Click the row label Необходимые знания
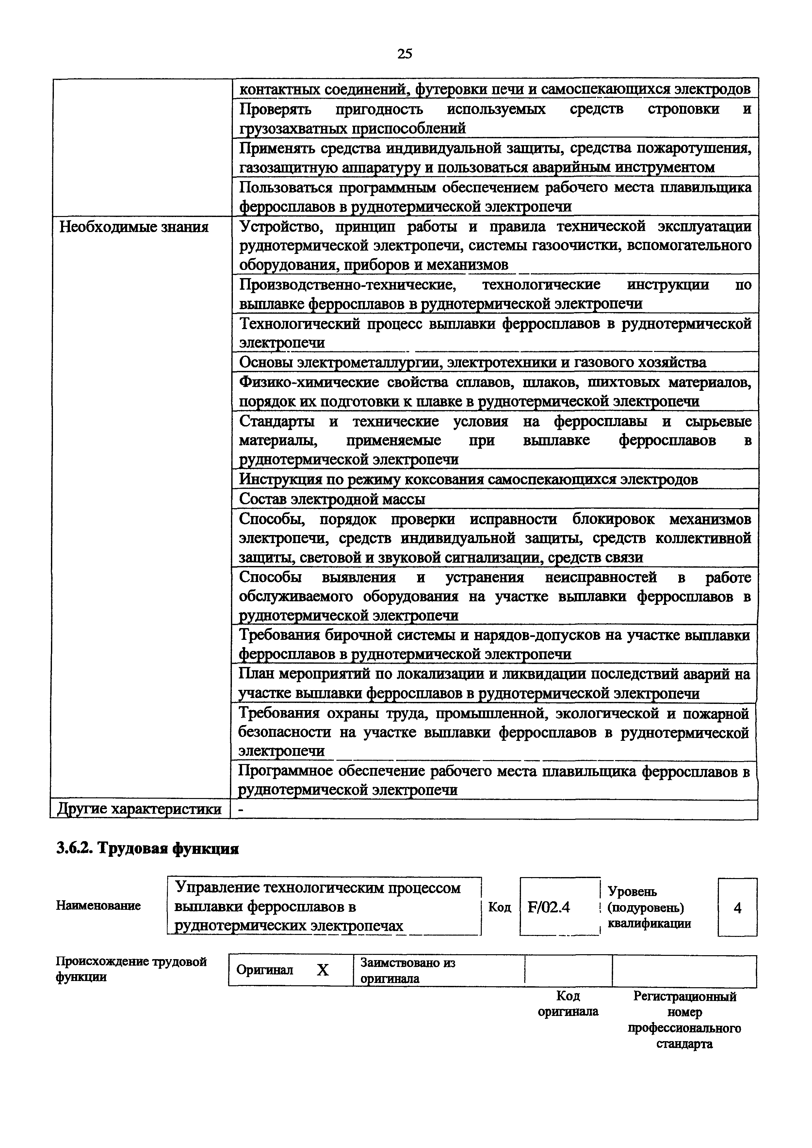(134, 227)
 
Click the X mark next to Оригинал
(323, 971)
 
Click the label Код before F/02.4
(499, 907)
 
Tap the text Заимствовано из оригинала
(408, 971)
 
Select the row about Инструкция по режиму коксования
(468, 479)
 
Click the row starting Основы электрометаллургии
(473, 362)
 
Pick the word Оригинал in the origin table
(265, 971)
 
